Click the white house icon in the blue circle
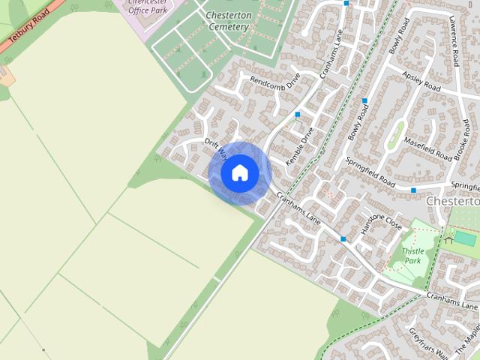pos(240,173)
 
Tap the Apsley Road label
pos(421,82)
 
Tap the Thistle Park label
pos(412,256)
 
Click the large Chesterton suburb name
pos(452,201)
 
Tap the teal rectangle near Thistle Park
pos(464,238)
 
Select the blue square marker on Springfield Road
pos(412,190)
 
